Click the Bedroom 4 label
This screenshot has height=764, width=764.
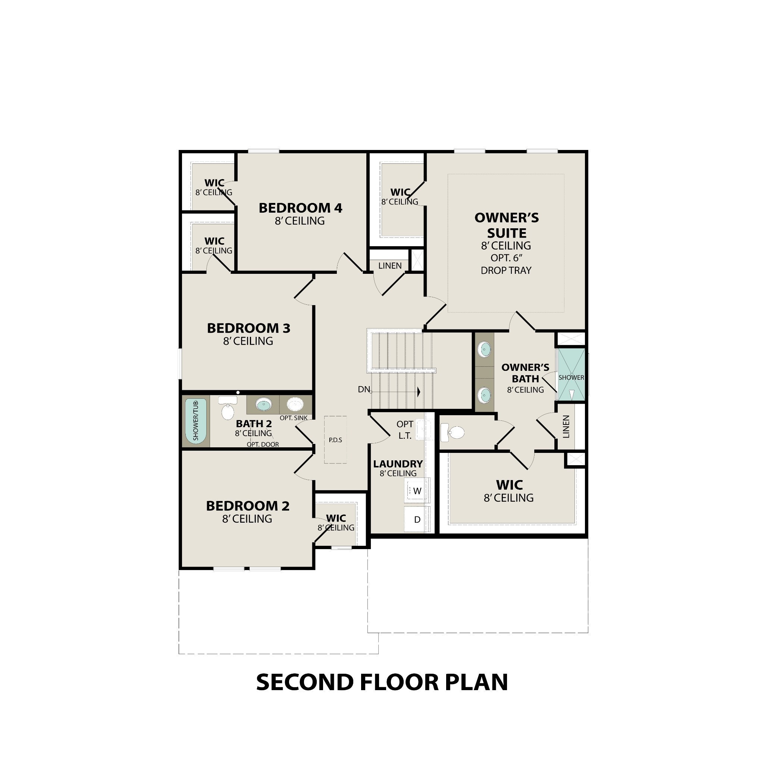pos(300,208)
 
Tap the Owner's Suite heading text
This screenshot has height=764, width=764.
pos(507,225)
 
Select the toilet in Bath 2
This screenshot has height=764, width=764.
pos(228,409)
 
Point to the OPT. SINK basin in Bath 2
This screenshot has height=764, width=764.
pos(295,404)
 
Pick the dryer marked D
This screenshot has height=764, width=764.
pos(417,520)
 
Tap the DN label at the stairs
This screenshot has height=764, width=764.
pos(364,389)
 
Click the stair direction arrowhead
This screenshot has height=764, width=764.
pos(419,392)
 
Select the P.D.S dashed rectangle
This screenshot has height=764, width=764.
pos(335,440)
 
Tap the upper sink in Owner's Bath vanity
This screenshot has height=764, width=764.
pos(485,350)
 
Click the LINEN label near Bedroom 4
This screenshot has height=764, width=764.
pos(390,266)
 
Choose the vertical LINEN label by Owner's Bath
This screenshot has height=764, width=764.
pos(566,427)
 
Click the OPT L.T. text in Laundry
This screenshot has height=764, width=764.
pos(405,430)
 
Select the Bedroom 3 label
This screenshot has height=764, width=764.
pos(248,328)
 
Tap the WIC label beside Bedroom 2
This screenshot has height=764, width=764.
pos(336,518)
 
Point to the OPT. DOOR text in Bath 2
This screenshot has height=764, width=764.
pos(263,444)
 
